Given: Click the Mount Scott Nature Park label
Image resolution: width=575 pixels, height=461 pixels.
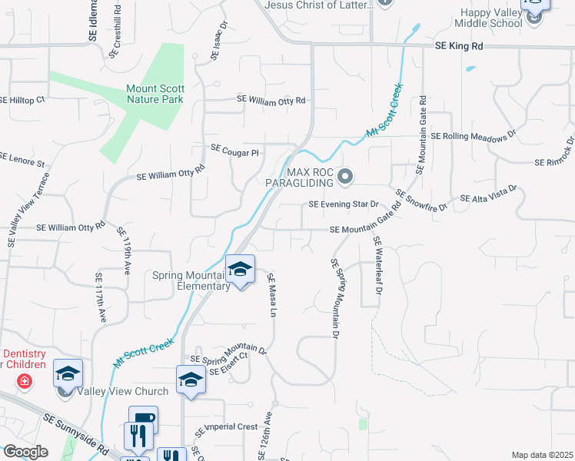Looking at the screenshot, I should [155, 94].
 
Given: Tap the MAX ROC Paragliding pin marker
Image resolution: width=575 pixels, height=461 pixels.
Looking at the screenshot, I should [344, 177].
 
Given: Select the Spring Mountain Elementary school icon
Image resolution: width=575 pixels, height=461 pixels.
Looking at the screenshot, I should [241, 270].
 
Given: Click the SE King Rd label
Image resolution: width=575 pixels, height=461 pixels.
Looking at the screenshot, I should [459, 46].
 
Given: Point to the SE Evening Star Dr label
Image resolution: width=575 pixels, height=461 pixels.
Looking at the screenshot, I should [344, 204].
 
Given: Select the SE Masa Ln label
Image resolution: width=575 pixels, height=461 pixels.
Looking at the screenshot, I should [271, 295].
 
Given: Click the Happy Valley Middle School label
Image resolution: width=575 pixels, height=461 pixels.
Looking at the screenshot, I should [503, 18].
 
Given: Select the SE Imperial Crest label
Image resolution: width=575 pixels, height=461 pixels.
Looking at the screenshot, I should [226, 427].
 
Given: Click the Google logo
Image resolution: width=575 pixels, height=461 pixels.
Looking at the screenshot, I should [25, 452].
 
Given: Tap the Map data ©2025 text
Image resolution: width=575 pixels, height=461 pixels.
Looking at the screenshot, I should [541, 455].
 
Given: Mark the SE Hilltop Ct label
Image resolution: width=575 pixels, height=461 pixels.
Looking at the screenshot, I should [23, 100].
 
